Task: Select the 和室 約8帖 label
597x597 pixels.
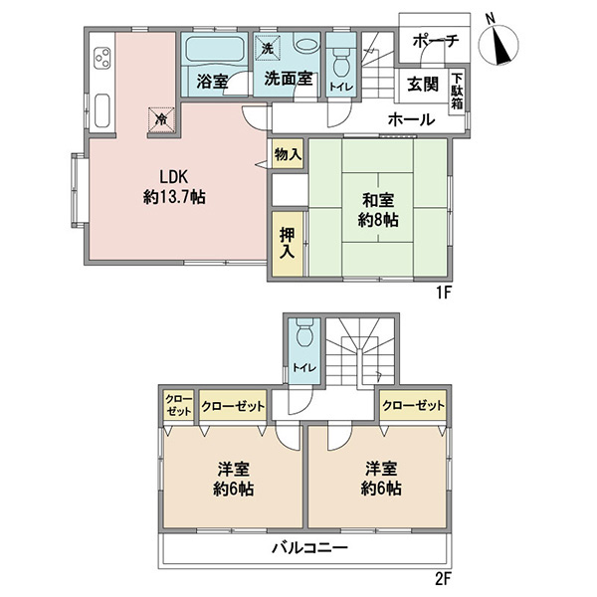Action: pos(378,210)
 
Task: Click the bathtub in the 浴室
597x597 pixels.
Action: pos(214,49)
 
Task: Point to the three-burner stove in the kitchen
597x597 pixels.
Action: pos(102,58)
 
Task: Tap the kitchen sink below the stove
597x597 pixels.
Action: pos(102,110)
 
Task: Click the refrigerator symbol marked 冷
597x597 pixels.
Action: pos(161,120)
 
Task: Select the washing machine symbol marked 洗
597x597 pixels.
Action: pos(268,48)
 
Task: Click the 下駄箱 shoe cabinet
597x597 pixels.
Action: pos(457,91)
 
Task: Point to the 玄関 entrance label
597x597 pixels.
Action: pos(423,85)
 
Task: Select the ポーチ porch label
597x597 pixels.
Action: pos(436,41)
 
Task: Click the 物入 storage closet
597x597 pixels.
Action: pos(288,154)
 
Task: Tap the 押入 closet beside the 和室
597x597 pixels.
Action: pos(288,244)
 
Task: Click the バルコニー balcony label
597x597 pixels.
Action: pos(309,548)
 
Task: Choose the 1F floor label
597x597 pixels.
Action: pos(443,293)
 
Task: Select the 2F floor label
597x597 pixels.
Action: pos(443,579)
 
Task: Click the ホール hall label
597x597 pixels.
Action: pos(411,120)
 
